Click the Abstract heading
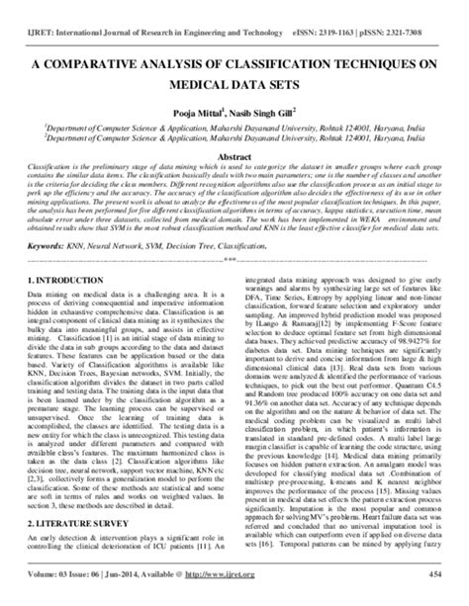(234, 158)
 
